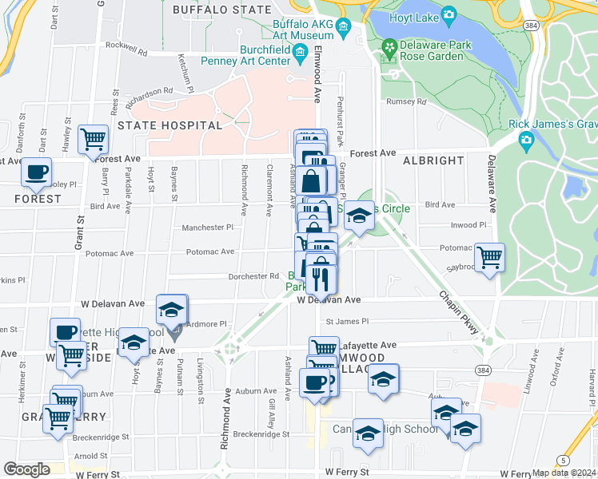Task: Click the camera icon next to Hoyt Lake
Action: click(x=448, y=15)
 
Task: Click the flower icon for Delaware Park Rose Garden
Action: click(x=389, y=49)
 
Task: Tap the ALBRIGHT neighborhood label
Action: click(x=433, y=160)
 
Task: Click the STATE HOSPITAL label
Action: click(x=169, y=125)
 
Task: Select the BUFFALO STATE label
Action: click(x=221, y=10)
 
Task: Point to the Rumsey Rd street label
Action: click(x=405, y=101)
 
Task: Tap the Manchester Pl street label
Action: click(x=207, y=227)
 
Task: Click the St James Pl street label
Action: click(x=346, y=322)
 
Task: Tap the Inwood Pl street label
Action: click(x=468, y=225)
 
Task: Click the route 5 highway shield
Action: click(x=564, y=461)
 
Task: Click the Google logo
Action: click(x=26, y=469)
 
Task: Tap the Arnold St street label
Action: click(x=85, y=456)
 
